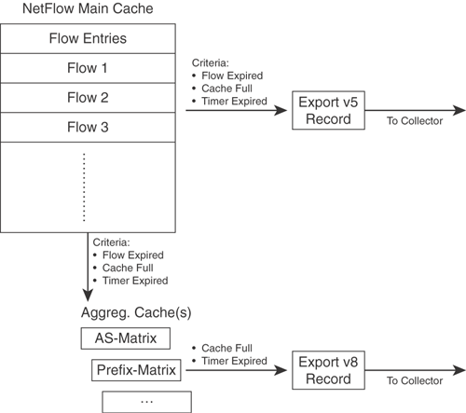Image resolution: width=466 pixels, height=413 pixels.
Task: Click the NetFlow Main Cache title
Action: [88, 8]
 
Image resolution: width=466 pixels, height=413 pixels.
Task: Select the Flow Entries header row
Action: [88, 38]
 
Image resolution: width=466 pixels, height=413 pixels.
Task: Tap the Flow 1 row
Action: [88, 68]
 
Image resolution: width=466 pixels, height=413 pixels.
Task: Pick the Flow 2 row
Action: [88, 98]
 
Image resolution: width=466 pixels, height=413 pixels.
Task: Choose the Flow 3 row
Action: [88, 127]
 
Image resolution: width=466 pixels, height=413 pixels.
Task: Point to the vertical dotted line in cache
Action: [84, 187]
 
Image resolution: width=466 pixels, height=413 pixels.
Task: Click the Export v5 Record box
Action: [328, 110]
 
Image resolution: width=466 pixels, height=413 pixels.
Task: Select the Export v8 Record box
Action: [328, 370]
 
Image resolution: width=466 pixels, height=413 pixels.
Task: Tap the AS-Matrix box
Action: [126, 338]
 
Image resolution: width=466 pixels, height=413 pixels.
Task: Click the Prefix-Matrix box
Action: [136, 370]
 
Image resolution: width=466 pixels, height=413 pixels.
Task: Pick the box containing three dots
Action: [146, 402]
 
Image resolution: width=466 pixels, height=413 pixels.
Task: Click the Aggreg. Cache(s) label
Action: [136, 312]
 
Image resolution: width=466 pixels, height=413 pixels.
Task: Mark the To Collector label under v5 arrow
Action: [415, 121]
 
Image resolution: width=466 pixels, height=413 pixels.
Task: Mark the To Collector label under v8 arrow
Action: [415, 380]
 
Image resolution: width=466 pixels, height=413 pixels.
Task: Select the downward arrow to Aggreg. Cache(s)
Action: [88, 267]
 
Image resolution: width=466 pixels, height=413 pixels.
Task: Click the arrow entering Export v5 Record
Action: [237, 110]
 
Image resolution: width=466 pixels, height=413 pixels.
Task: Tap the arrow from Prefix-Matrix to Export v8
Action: [237, 370]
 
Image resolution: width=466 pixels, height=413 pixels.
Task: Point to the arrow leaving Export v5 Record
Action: [416, 110]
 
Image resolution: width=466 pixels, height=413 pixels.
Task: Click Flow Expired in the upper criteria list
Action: [232, 76]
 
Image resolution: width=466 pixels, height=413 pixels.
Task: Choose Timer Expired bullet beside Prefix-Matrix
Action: [234, 361]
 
